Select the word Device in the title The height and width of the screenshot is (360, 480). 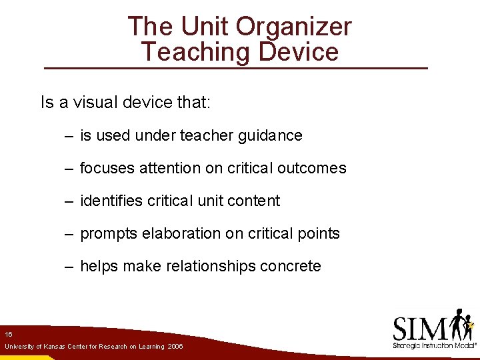298,51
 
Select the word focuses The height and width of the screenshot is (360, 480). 107,168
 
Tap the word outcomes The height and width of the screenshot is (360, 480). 313,168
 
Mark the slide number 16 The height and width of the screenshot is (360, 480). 8,333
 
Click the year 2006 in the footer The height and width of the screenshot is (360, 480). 175,347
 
